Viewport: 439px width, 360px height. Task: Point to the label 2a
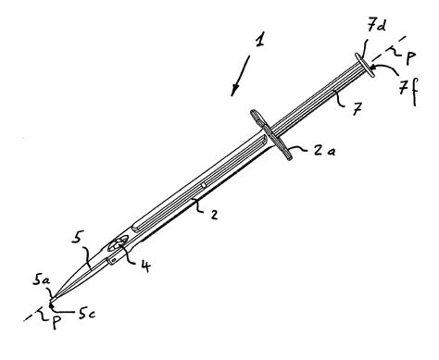pos(319,151)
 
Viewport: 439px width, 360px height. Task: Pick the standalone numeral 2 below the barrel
pos(214,216)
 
